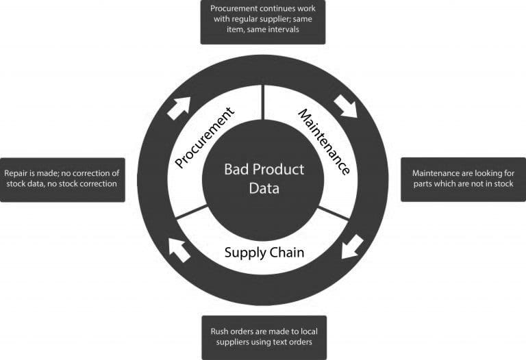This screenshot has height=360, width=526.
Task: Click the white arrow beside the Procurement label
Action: tap(179, 108)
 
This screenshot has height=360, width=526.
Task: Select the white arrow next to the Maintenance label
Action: tap(346, 106)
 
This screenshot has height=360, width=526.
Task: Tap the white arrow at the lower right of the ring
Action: tap(352, 247)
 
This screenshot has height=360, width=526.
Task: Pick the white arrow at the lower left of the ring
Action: tap(179, 250)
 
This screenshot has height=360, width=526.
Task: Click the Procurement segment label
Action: tap(204, 138)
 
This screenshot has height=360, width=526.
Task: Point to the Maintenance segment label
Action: tap(325, 142)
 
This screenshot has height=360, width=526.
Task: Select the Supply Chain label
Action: tap(264, 253)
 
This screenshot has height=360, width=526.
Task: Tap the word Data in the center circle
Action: tap(264, 188)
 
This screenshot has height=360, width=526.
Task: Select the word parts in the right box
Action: tap(423, 184)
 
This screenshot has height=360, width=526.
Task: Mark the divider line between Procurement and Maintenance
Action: tap(263, 102)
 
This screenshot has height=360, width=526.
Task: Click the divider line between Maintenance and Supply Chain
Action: tap(334, 213)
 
